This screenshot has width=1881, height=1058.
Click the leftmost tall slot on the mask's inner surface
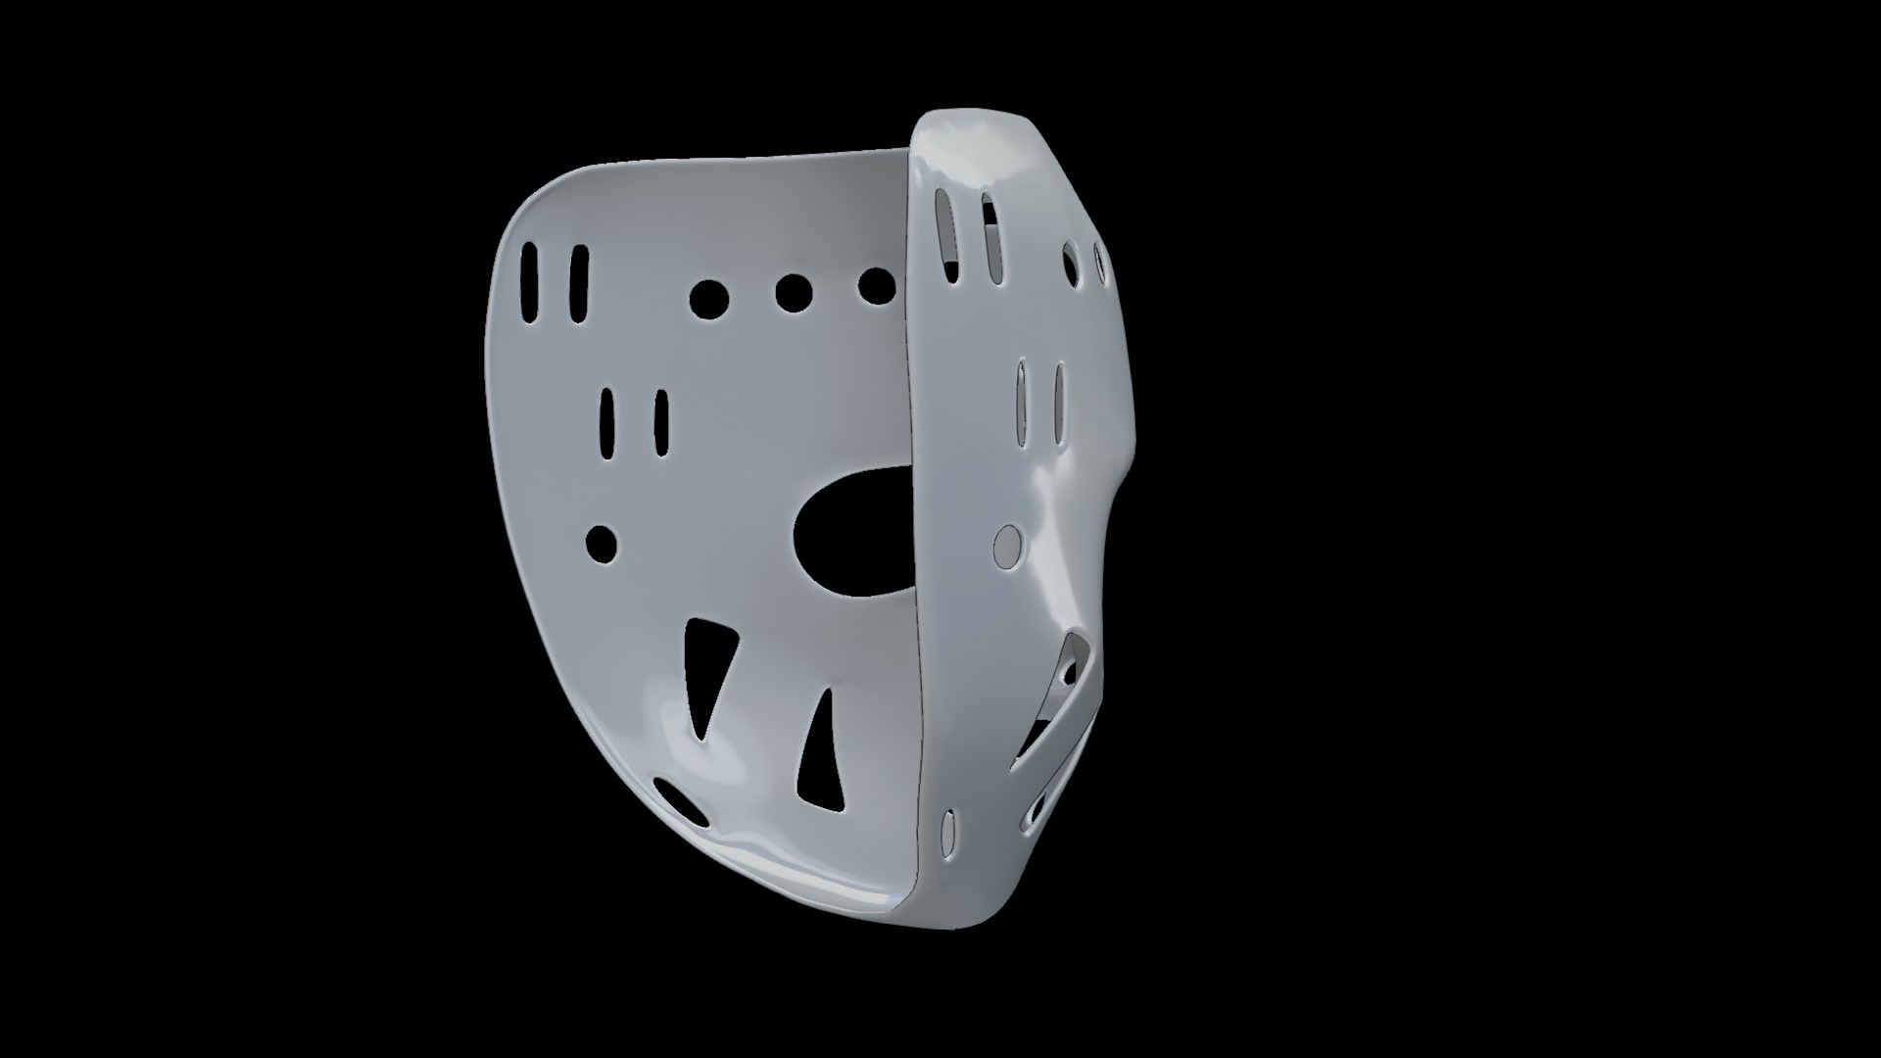[x=529, y=283]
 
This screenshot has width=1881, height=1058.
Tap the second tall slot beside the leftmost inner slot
[x=579, y=285]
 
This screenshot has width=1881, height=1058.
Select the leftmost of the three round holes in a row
[x=708, y=298]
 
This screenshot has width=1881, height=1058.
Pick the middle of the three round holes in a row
[x=793, y=292]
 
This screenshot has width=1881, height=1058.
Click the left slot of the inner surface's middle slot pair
[x=607, y=425]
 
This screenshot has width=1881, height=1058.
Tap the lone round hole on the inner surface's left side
[x=602, y=543]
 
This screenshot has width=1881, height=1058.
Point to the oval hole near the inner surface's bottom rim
[x=682, y=802]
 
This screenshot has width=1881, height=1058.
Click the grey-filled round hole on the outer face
[x=1007, y=545]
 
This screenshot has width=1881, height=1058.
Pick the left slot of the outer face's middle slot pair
[x=1022, y=403]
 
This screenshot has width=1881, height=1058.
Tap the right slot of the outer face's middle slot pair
[x=1059, y=404]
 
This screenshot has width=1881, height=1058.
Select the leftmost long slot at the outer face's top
[x=946, y=233]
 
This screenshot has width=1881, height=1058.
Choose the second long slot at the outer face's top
[x=991, y=240]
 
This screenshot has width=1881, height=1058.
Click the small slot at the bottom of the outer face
[x=947, y=830]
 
